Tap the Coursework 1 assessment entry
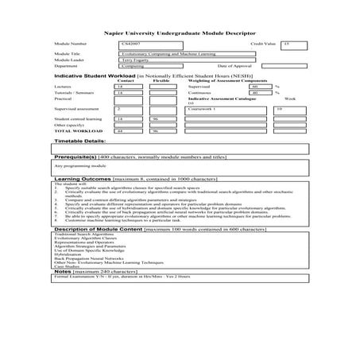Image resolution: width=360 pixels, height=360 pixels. pos(226,109)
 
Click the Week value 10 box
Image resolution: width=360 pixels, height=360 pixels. pos(280,109)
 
